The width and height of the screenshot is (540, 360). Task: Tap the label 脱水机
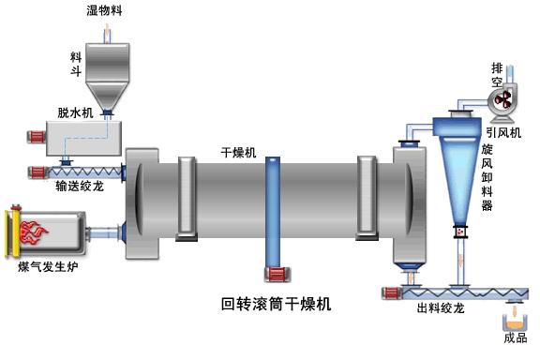coord(76,112)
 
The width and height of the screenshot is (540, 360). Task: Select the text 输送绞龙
coord(78,185)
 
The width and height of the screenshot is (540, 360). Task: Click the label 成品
coord(516,338)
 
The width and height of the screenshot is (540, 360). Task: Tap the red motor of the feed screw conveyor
coord(38,172)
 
